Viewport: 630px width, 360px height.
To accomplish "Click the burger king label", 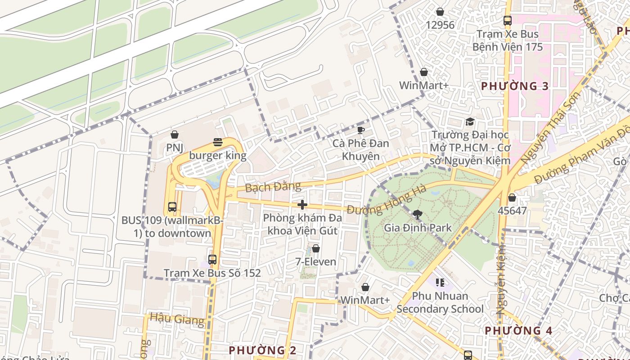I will coord(218,156).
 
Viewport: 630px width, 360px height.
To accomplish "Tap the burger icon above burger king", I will coord(218,142).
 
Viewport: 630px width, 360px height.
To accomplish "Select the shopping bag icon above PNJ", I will coord(175,135).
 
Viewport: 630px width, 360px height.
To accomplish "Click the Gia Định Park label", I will coord(418,228).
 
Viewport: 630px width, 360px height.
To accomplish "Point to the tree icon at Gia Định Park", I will coord(418,215).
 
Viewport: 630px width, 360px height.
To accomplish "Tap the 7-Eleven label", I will coord(315,261).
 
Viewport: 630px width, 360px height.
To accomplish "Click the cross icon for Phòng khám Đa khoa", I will coord(302,205).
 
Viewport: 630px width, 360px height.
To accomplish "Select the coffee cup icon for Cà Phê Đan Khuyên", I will coord(360,130).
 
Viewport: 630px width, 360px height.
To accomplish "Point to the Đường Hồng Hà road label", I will coord(387,201).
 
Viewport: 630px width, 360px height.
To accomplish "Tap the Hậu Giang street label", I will coord(177,319).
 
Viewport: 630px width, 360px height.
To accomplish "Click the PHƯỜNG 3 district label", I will coord(515,86).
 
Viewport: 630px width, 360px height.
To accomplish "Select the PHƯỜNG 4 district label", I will coord(518,331).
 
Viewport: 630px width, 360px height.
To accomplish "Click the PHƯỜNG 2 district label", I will coord(263,350).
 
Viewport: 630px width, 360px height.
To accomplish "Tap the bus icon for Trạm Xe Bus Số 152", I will coord(212,260).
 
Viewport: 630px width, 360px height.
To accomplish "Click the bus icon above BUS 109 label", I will coord(172,207).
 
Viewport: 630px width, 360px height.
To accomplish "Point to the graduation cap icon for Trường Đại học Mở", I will coord(470,121).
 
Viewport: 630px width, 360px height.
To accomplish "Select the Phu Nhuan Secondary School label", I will coord(440,302).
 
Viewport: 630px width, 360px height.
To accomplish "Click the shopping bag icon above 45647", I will coord(512,198).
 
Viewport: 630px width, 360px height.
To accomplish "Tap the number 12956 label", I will coord(440,25).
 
